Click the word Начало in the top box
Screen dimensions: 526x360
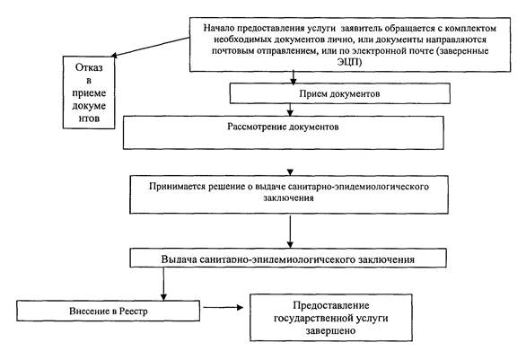(x=217, y=28)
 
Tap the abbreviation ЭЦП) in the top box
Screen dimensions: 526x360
(x=349, y=62)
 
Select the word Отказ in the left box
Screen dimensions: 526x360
(x=89, y=67)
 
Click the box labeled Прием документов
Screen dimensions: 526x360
(x=340, y=93)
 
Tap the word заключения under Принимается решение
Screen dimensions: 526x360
(x=288, y=198)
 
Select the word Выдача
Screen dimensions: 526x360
(x=178, y=259)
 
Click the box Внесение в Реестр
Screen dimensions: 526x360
(x=108, y=311)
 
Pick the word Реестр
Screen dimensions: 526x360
(x=135, y=311)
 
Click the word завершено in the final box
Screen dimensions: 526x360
(x=330, y=330)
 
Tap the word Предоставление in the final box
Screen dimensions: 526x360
(x=331, y=305)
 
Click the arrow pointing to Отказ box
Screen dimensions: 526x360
(x=150, y=47)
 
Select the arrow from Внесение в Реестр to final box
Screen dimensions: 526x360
(x=224, y=307)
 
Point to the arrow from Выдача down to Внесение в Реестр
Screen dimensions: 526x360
(x=163, y=284)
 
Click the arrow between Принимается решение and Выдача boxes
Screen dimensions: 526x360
(x=290, y=232)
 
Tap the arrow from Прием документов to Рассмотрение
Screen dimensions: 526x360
(x=290, y=110)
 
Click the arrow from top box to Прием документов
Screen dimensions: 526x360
(x=294, y=77)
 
